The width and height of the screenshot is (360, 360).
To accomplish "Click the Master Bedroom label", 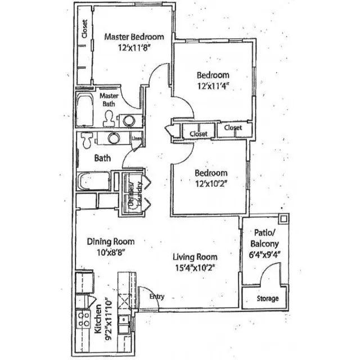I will (x=134, y=37).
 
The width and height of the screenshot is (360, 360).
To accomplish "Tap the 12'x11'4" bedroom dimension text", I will (x=212, y=87).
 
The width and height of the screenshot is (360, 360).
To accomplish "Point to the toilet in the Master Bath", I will (x=109, y=118).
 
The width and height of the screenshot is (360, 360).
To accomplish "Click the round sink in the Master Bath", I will (x=129, y=119).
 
